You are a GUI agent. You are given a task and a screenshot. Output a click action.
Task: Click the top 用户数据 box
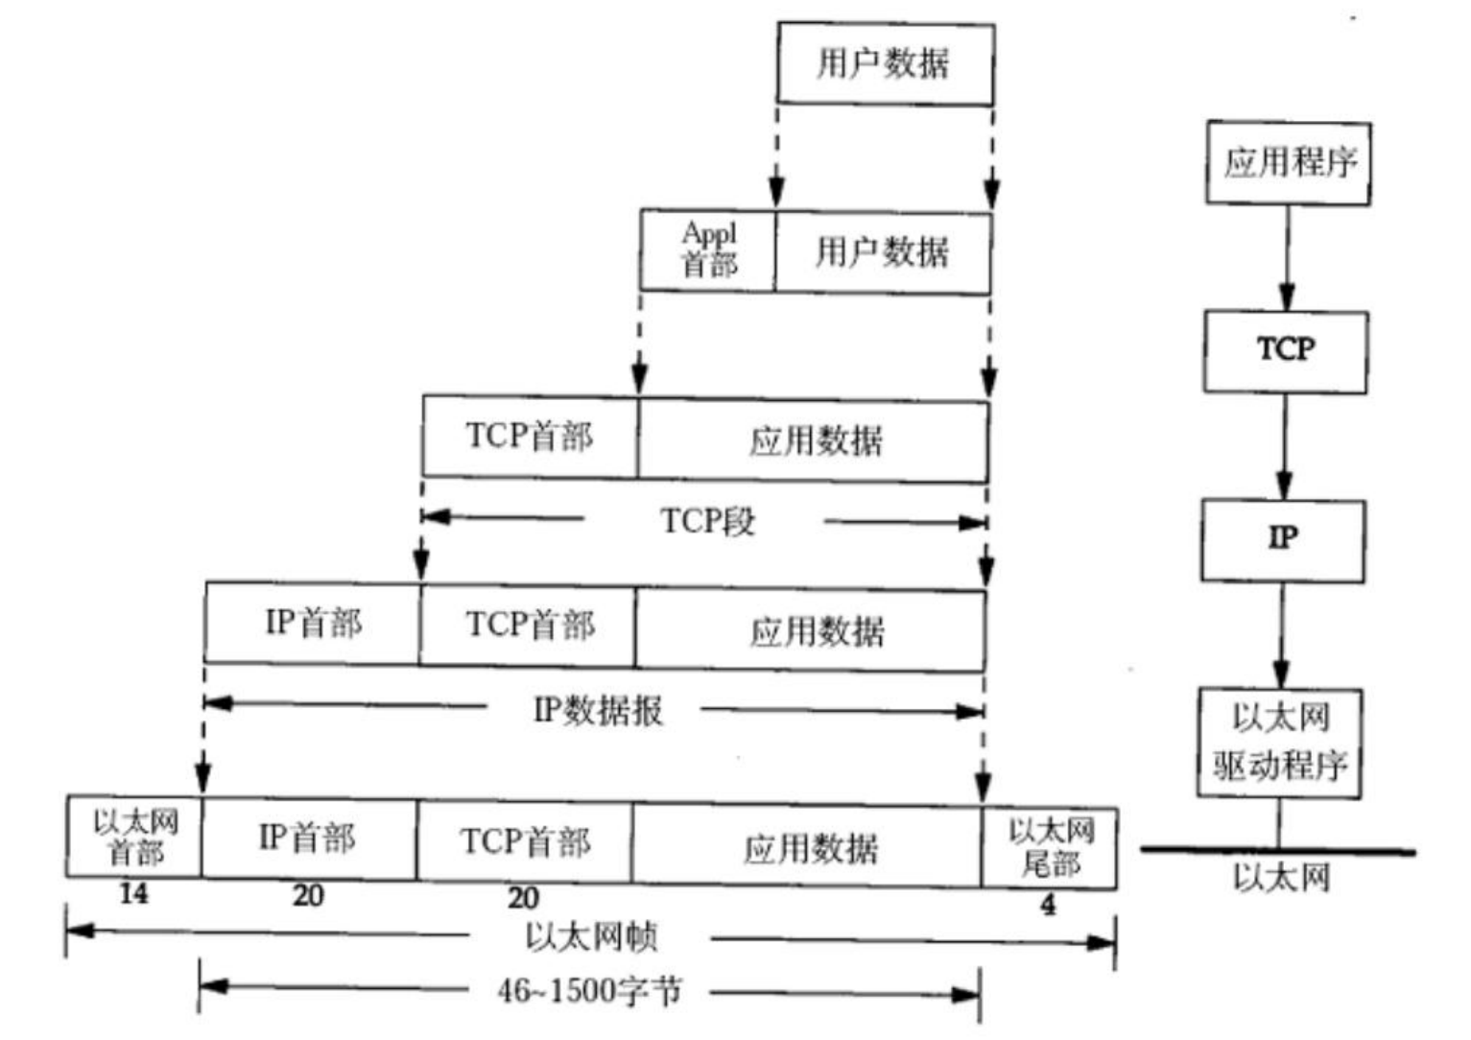[885, 64]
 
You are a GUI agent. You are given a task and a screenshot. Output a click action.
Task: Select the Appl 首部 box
[708, 250]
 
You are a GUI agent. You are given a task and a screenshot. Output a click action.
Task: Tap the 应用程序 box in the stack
[1288, 162]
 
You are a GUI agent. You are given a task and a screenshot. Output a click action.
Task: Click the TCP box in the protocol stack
[1286, 350]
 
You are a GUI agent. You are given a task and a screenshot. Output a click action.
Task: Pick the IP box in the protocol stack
[1283, 539]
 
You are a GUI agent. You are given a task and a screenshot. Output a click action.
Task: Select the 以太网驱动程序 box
[1279, 742]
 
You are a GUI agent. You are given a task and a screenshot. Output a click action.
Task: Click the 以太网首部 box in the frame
[134, 836]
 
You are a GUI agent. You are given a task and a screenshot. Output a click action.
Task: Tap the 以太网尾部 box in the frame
[1050, 847]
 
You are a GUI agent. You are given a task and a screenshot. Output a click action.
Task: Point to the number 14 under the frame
[133, 894]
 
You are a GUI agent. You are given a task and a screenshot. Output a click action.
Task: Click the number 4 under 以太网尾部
[1048, 904]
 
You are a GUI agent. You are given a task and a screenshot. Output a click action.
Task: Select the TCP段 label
[707, 521]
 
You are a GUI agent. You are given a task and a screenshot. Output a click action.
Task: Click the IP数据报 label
[597, 710]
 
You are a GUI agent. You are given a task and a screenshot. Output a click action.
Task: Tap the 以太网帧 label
[591, 936]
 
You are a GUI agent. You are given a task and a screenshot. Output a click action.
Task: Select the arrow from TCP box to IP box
[1284, 446]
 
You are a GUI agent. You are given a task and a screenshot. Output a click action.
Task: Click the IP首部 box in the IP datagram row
[313, 623]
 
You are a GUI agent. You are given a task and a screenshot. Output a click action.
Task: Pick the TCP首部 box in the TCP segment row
[530, 436]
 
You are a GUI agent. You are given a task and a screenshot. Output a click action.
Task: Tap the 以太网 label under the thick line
[1281, 877]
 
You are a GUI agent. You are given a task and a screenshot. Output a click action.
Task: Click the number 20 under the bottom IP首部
[308, 896]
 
